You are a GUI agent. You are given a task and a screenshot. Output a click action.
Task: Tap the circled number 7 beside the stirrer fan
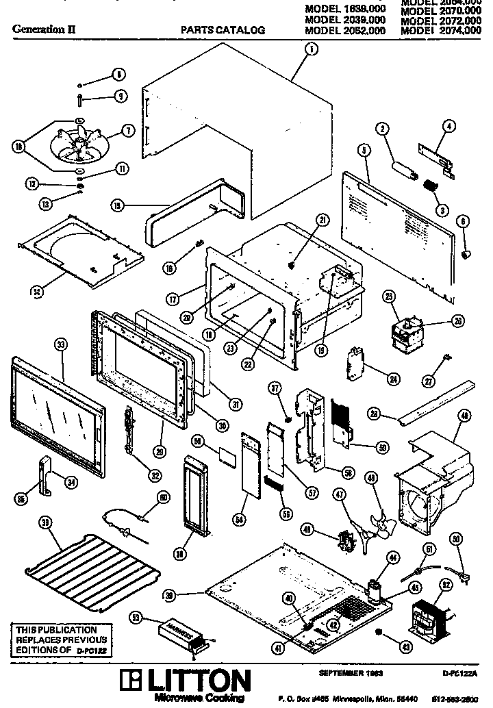127,130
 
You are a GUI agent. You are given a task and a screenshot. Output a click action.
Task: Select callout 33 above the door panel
61,345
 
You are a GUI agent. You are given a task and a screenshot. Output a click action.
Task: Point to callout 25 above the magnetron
389,296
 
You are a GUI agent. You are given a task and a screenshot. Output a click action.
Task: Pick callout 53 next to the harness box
136,618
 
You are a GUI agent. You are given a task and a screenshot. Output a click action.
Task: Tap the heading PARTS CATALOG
223,30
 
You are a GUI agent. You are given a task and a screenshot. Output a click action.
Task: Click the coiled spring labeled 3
429,186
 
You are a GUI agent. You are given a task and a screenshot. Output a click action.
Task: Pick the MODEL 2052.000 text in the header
344,30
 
